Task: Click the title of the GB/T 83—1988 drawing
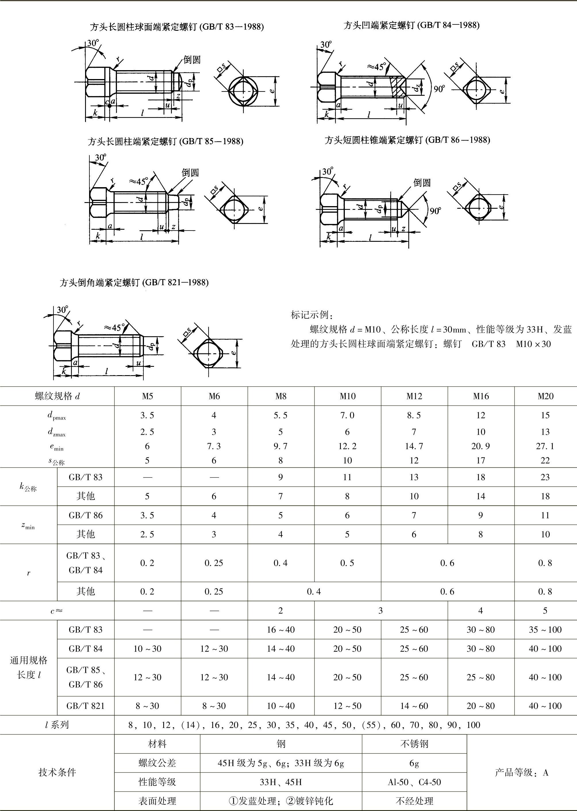(177, 27)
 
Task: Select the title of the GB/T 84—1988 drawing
(411, 25)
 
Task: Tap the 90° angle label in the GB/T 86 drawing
(435, 211)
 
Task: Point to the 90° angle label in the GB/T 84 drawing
(439, 89)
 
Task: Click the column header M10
(347, 396)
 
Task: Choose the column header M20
(545, 396)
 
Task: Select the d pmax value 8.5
(414, 415)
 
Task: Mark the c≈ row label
(57, 611)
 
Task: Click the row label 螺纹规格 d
(57, 396)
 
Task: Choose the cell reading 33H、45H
(281, 782)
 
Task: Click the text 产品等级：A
(522, 772)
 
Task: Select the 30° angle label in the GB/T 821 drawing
(63, 310)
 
